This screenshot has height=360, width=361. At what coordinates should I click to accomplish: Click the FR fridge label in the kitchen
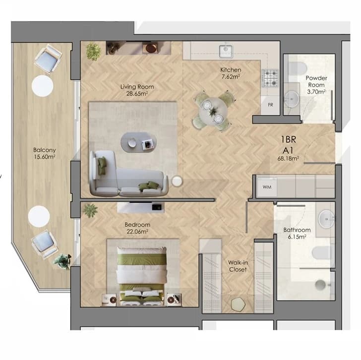point(271,105)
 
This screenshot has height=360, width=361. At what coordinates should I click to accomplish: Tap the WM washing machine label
point(267,187)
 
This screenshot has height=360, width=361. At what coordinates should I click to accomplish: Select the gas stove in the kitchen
point(270,78)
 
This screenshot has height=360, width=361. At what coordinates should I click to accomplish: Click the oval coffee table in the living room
point(139,142)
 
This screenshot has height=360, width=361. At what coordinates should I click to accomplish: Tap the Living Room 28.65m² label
point(137,90)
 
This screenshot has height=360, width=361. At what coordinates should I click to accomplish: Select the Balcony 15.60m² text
point(45,153)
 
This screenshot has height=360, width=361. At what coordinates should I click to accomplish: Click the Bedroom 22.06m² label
point(137,228)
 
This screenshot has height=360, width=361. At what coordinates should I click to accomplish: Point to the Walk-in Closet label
point(238,266)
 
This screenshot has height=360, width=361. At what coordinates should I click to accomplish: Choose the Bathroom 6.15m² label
point(297,233)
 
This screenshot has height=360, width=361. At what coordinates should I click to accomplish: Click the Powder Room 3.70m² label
point(316,85)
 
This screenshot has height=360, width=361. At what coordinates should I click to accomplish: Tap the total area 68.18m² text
point(288,158)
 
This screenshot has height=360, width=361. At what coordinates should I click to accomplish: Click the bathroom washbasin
point(326,219)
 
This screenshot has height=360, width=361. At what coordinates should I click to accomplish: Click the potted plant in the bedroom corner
point(90,210)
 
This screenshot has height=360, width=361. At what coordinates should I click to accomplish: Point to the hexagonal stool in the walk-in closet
point(239,304)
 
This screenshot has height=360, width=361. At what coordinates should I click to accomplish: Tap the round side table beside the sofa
point(177,181)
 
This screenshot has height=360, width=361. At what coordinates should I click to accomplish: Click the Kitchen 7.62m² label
point(231,73)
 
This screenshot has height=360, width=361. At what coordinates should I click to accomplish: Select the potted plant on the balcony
point(62,261)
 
